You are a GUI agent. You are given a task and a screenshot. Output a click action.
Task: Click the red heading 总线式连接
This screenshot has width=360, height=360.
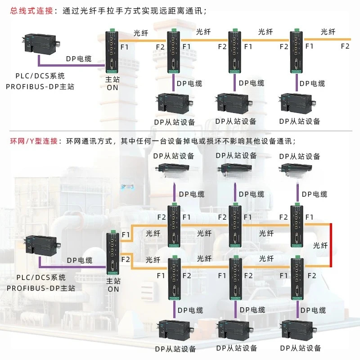tap(31, 10)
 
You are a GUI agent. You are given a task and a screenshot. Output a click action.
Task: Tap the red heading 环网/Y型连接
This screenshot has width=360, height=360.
tap(34, 141)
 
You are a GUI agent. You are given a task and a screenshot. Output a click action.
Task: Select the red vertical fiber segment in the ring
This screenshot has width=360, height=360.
tap(331, 245)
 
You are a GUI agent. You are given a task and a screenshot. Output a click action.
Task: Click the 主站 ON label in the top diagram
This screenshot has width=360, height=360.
tap(112, 83)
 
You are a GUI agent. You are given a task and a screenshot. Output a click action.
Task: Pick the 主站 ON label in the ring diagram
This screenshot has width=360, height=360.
tap(113, 285)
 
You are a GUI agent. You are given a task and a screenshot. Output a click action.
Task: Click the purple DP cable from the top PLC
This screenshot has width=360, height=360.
tap(71, 65)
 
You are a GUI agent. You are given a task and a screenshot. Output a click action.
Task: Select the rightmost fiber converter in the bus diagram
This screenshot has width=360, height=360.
tap(297, 51)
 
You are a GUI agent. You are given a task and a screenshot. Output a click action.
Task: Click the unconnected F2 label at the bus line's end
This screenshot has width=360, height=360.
tap(345, 46)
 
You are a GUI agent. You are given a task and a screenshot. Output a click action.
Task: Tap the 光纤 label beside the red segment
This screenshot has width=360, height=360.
tap(320, 245)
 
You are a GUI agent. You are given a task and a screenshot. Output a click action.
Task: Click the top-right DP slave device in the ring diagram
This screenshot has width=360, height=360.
tap(297, 169)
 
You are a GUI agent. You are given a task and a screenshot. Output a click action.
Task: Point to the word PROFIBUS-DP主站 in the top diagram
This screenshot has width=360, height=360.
tap(40, 86)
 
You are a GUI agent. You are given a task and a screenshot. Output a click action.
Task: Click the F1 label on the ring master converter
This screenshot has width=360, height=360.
tap(126, 234)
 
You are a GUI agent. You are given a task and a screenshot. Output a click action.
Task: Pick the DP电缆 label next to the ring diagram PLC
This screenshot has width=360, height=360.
tap(80, 260)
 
